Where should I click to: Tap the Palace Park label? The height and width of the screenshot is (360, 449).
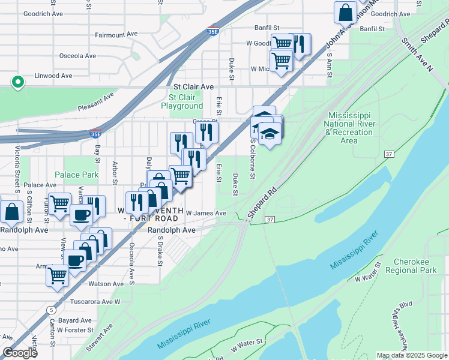[76, 175]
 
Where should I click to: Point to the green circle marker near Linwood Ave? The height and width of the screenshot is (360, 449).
[19, 82]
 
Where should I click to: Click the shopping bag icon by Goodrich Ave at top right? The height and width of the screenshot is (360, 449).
[346, 12]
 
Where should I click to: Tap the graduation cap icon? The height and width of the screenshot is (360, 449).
[270, 134]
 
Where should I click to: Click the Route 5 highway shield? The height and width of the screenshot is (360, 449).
[52, 310]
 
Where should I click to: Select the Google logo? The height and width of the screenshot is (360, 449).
[20, 353]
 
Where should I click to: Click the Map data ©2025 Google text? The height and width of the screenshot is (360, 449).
[411, 355]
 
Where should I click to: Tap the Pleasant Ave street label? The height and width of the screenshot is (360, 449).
[95, 101]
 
